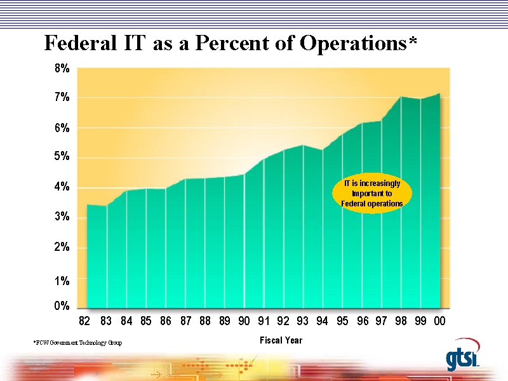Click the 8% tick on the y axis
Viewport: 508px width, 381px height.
point(62,68)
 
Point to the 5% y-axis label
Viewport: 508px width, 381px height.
point(62,157)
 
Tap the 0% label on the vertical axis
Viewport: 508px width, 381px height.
point(62,306)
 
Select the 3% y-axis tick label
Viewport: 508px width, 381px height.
point(62,217)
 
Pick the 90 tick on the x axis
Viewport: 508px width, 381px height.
point(244,321)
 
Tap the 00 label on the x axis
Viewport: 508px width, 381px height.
point(439,321)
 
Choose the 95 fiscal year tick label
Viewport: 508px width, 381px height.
point(342,321)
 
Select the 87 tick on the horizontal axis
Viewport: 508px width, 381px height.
point(185,321)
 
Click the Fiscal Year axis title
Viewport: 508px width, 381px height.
point(281,340)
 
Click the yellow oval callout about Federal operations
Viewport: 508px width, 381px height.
point(372,194)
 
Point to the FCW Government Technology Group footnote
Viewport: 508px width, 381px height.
point(77,343)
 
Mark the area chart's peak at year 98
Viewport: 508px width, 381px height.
point(401,97)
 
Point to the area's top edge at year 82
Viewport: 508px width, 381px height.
point(87,204)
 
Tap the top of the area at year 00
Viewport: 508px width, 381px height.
point(439,94)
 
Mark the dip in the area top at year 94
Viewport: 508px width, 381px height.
point(323,150)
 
